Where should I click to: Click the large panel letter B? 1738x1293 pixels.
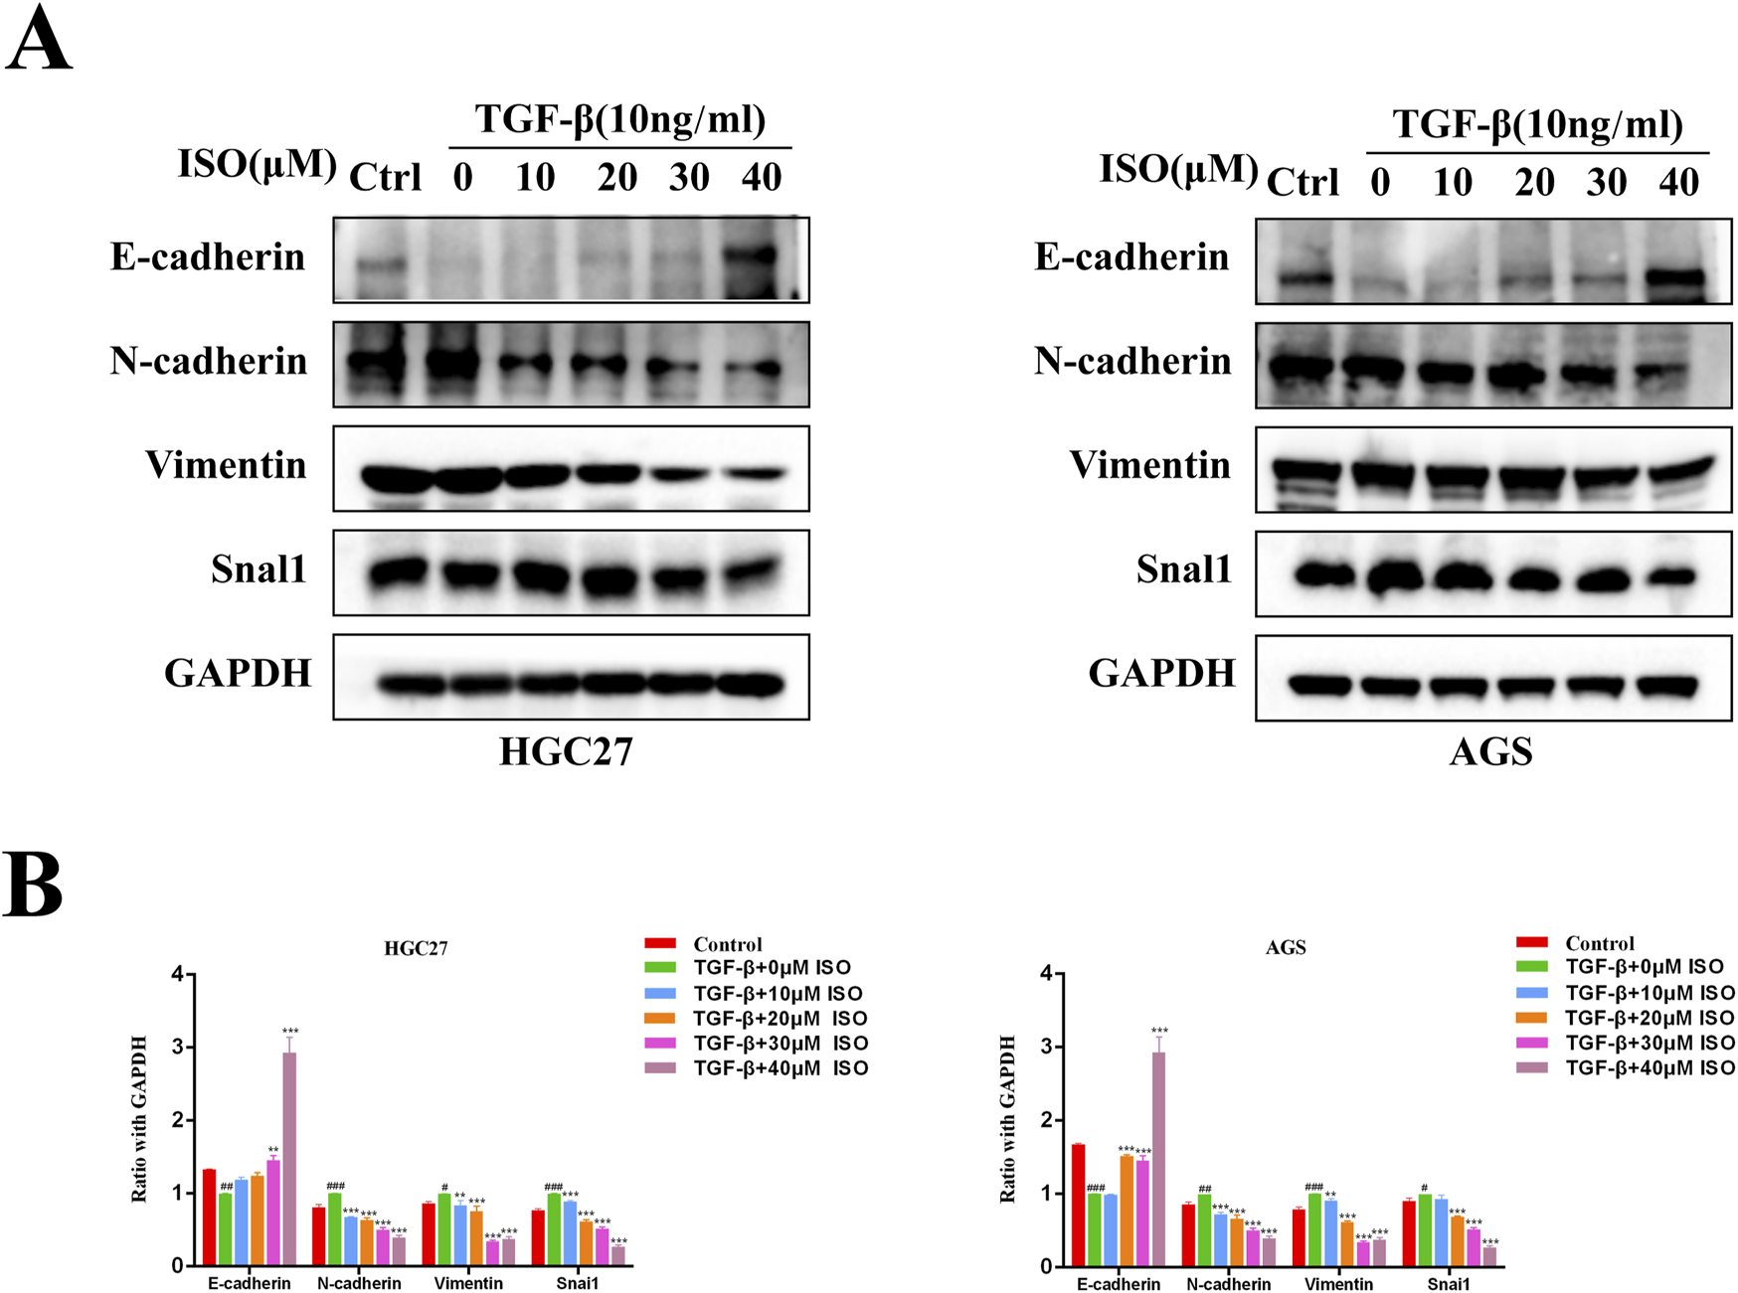(x=34, y=884)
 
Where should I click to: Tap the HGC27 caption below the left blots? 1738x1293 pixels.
(x=566, y=751)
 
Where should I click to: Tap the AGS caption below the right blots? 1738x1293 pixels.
(x=1490, y=751)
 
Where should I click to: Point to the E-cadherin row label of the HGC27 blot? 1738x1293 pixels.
(x=208, y=257)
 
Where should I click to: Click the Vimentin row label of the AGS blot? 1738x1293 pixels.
(x=1149, y=465)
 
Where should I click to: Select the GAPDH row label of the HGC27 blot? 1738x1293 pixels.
(x=238, y=674)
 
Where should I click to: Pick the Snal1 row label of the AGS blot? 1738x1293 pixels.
(x=1183, y=569)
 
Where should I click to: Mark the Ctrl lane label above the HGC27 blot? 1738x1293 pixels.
(x=386, y=178)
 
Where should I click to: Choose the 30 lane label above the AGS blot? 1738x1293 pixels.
(x=1607, y=183)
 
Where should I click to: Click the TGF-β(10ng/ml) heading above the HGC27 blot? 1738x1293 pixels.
(x=620, y=119)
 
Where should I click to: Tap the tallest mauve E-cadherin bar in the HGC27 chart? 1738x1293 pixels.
(x=289, y=1158)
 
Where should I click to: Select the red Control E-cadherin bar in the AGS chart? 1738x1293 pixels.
(x=1078, y=1205)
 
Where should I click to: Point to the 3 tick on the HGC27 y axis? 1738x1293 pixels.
(x=179, y=1048)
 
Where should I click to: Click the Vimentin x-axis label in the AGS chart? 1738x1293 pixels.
(x=1338, y=1284)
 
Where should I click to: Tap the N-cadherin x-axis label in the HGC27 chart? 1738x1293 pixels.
(x=359, y=1284)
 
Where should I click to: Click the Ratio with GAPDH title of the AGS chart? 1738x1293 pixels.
(x=1008, y=1119)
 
